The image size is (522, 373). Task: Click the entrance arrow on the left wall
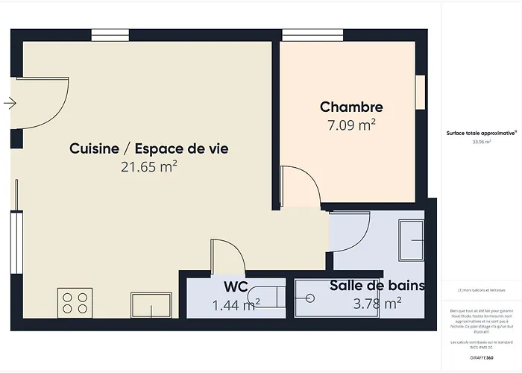[x=9, y=103]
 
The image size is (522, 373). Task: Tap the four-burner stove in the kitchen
[x=75, y=303]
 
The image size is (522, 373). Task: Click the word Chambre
[x=351, y=107]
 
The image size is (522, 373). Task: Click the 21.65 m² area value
[x=148, y=167]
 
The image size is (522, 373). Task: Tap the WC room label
[x=236, y=286]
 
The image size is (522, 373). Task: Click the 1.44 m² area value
[x=236, y=304]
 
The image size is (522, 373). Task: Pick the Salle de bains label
[x=377, y=285]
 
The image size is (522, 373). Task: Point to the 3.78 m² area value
[x=377, y=303]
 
